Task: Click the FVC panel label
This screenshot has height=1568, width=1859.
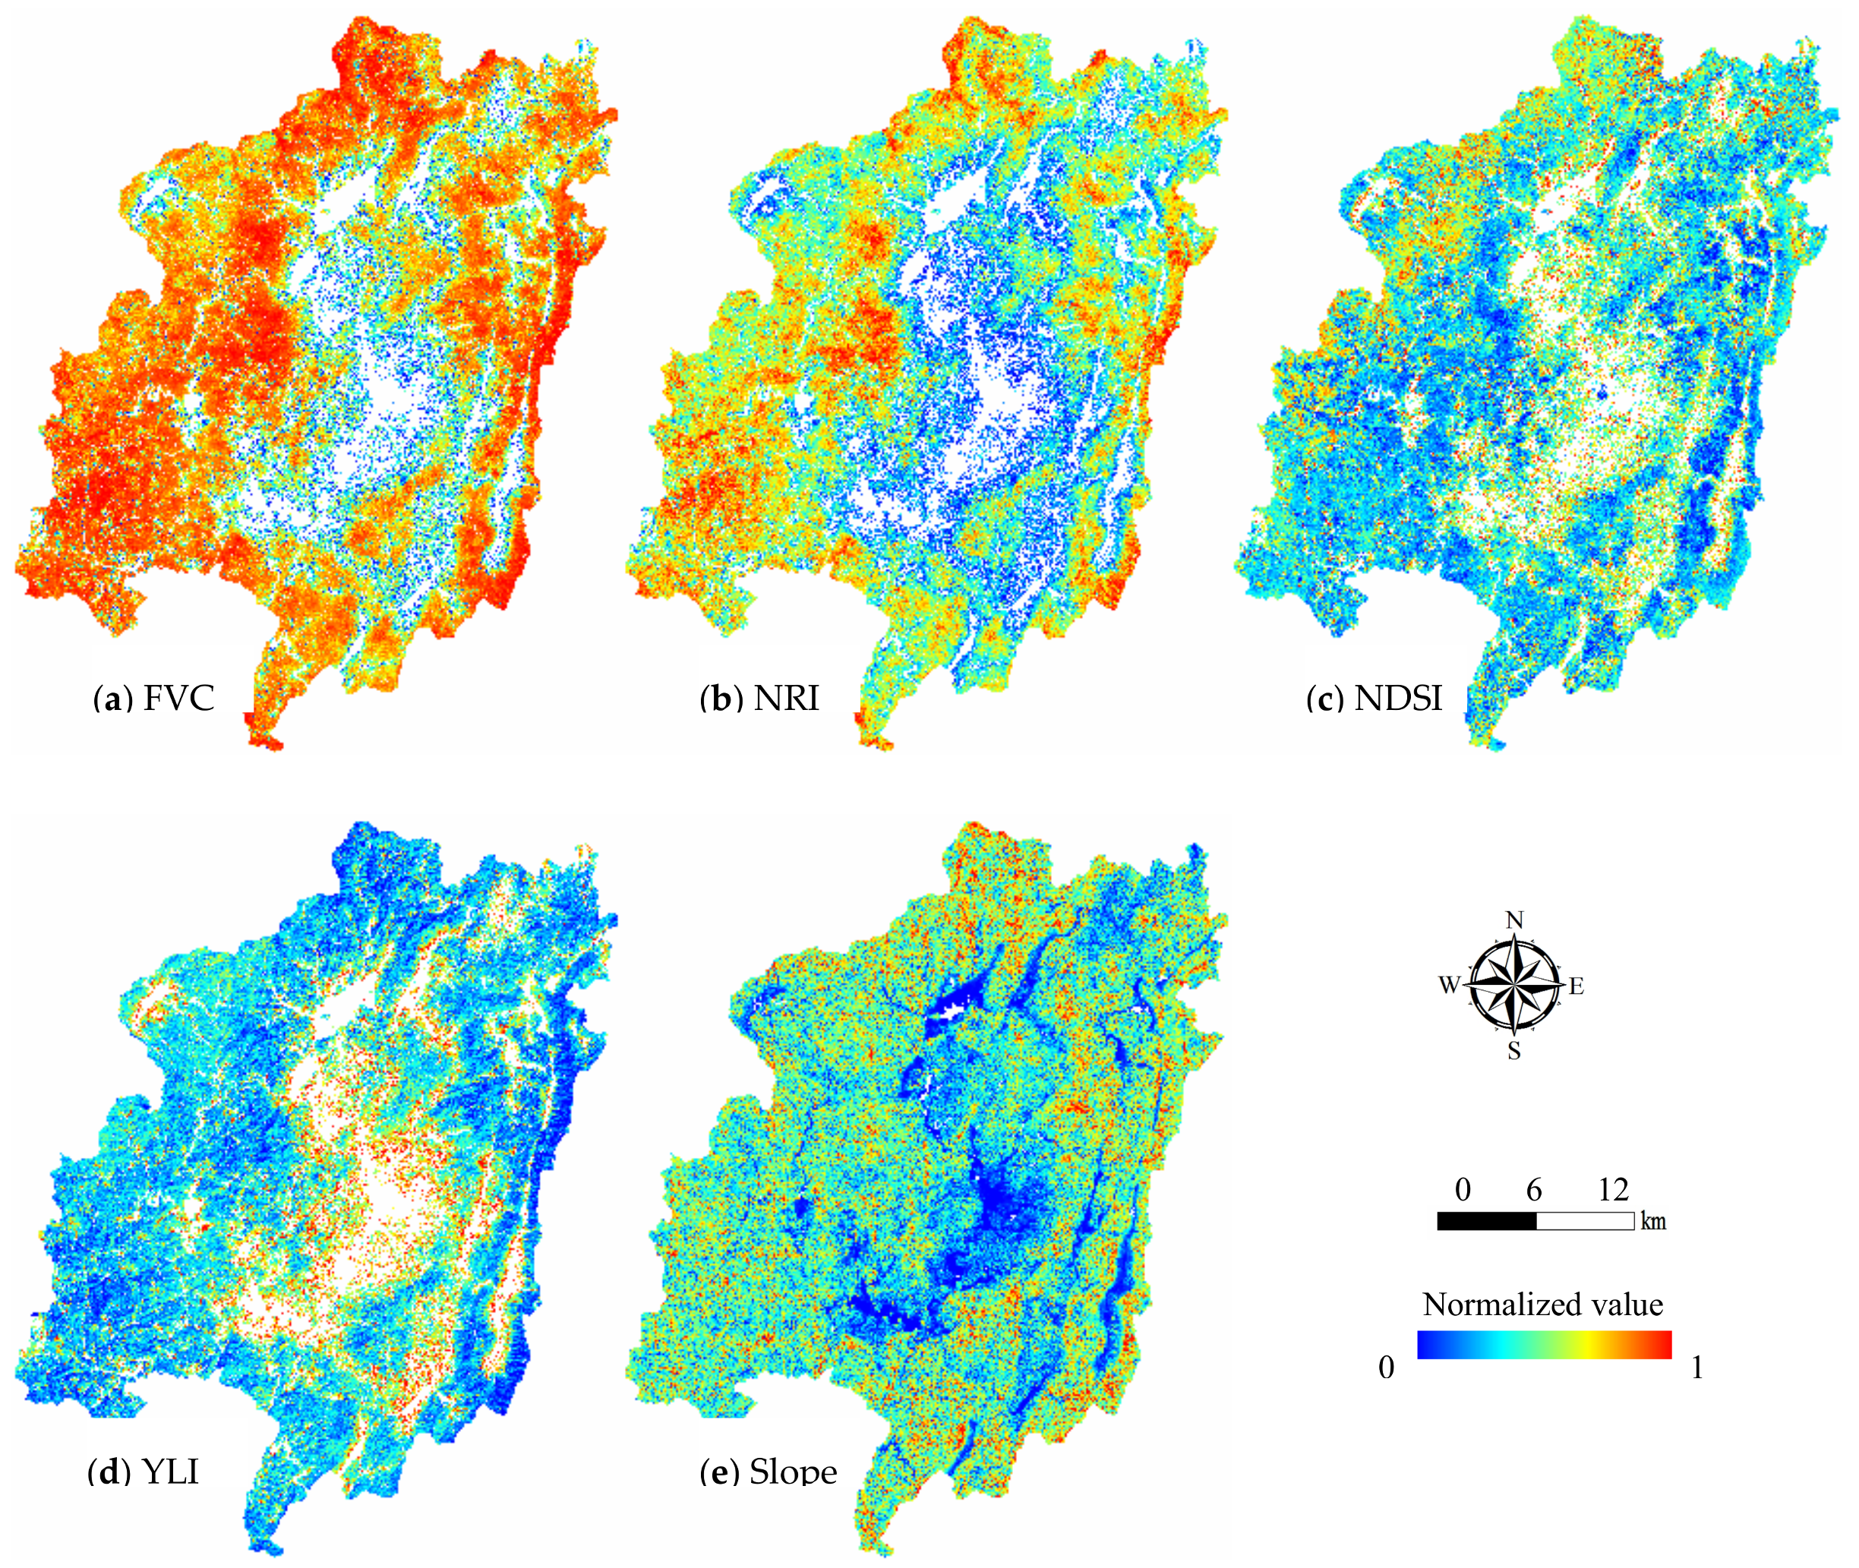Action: tap(154, 699)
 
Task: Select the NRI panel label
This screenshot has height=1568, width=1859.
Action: tap(760, 699)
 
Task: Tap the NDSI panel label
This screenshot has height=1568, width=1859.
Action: tap(1375, 699)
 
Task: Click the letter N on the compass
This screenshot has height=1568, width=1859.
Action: tap(1515, 920)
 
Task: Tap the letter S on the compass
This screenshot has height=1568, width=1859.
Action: tap(1514, 1052)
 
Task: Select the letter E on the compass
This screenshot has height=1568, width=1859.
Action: tap(1577, 986)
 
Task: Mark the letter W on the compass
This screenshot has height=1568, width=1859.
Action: tap(1449, 985)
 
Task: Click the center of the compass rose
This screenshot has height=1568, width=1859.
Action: tap(1515, 985)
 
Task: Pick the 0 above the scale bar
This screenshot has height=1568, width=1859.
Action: tap(1463, 1189)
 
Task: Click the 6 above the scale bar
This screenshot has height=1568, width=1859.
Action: tap(1535, 1189)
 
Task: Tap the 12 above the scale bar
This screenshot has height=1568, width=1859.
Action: tap(1613, 1189)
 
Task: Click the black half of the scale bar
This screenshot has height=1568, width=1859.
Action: tap(1486, 1221)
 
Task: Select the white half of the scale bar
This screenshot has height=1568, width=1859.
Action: tap(1585, 1221)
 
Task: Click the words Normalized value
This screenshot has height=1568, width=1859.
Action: tap(1542, 1304)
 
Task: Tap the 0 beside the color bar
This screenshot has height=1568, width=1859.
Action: tap(1386, 1367)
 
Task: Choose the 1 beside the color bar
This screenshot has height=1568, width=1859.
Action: tap(1697, 1367)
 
